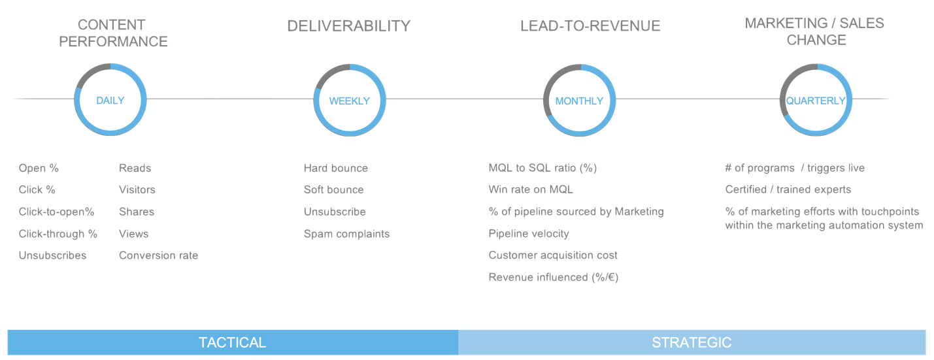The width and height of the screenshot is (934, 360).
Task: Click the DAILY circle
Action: click(110, 100)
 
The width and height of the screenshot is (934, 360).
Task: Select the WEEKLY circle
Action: click(349, 101)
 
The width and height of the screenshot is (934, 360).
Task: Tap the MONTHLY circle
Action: click(579, 101)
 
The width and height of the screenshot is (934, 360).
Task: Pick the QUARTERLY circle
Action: click(816, 101)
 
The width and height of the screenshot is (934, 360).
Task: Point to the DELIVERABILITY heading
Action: click(349, 26)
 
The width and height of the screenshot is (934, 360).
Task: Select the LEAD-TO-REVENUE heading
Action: click(590, 26)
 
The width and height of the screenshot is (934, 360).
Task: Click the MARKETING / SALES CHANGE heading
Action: click(815, 31)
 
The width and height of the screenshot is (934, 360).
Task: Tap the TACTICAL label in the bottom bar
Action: click(232, 342)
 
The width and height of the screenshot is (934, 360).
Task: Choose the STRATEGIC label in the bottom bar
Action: click(692, 342)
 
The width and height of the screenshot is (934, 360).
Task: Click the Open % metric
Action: click(39, 168)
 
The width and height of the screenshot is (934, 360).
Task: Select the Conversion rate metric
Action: click(158, 255)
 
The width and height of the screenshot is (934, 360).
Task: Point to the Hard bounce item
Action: click(335, 168)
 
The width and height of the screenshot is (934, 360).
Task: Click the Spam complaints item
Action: click(346, 233)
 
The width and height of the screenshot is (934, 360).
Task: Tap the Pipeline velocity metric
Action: click(528, 233)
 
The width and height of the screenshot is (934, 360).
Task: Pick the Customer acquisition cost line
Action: click(552, 255)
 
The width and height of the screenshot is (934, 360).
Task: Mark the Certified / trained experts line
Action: click(788, 189)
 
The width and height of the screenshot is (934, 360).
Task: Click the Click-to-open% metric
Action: click(56, 212)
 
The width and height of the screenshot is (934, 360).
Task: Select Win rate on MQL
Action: click(531, 189)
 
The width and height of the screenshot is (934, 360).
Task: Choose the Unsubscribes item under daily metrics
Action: click(52, 255)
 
